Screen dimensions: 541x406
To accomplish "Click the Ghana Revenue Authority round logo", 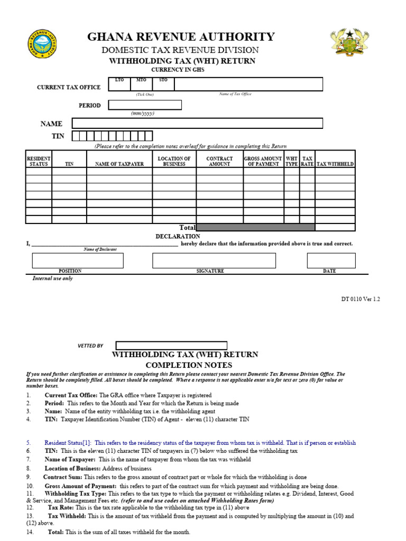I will (42, 44).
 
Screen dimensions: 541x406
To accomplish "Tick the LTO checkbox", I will (119, 85).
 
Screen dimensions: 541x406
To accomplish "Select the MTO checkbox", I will (141, 85).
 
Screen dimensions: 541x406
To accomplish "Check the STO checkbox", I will (163, 85).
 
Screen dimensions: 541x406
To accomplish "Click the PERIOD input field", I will (145, 105).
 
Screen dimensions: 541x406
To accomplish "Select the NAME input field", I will (197, 123).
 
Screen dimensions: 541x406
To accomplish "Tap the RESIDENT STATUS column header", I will (39, 161).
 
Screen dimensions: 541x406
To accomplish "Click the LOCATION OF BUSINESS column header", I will (174, 161).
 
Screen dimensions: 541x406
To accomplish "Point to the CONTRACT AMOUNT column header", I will (219, 161).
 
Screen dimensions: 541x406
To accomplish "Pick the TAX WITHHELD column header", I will (335, 164).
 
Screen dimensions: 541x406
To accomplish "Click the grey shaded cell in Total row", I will (255, 227).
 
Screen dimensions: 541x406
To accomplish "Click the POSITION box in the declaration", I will (78, 260).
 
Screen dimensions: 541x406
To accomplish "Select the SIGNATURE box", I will (214, 260).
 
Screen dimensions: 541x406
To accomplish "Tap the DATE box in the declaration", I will (331, 260).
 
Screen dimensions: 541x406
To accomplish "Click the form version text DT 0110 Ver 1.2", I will (361, 299).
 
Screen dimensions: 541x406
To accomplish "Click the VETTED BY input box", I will (171, 346).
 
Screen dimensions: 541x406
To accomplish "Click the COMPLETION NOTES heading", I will (189, 365).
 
